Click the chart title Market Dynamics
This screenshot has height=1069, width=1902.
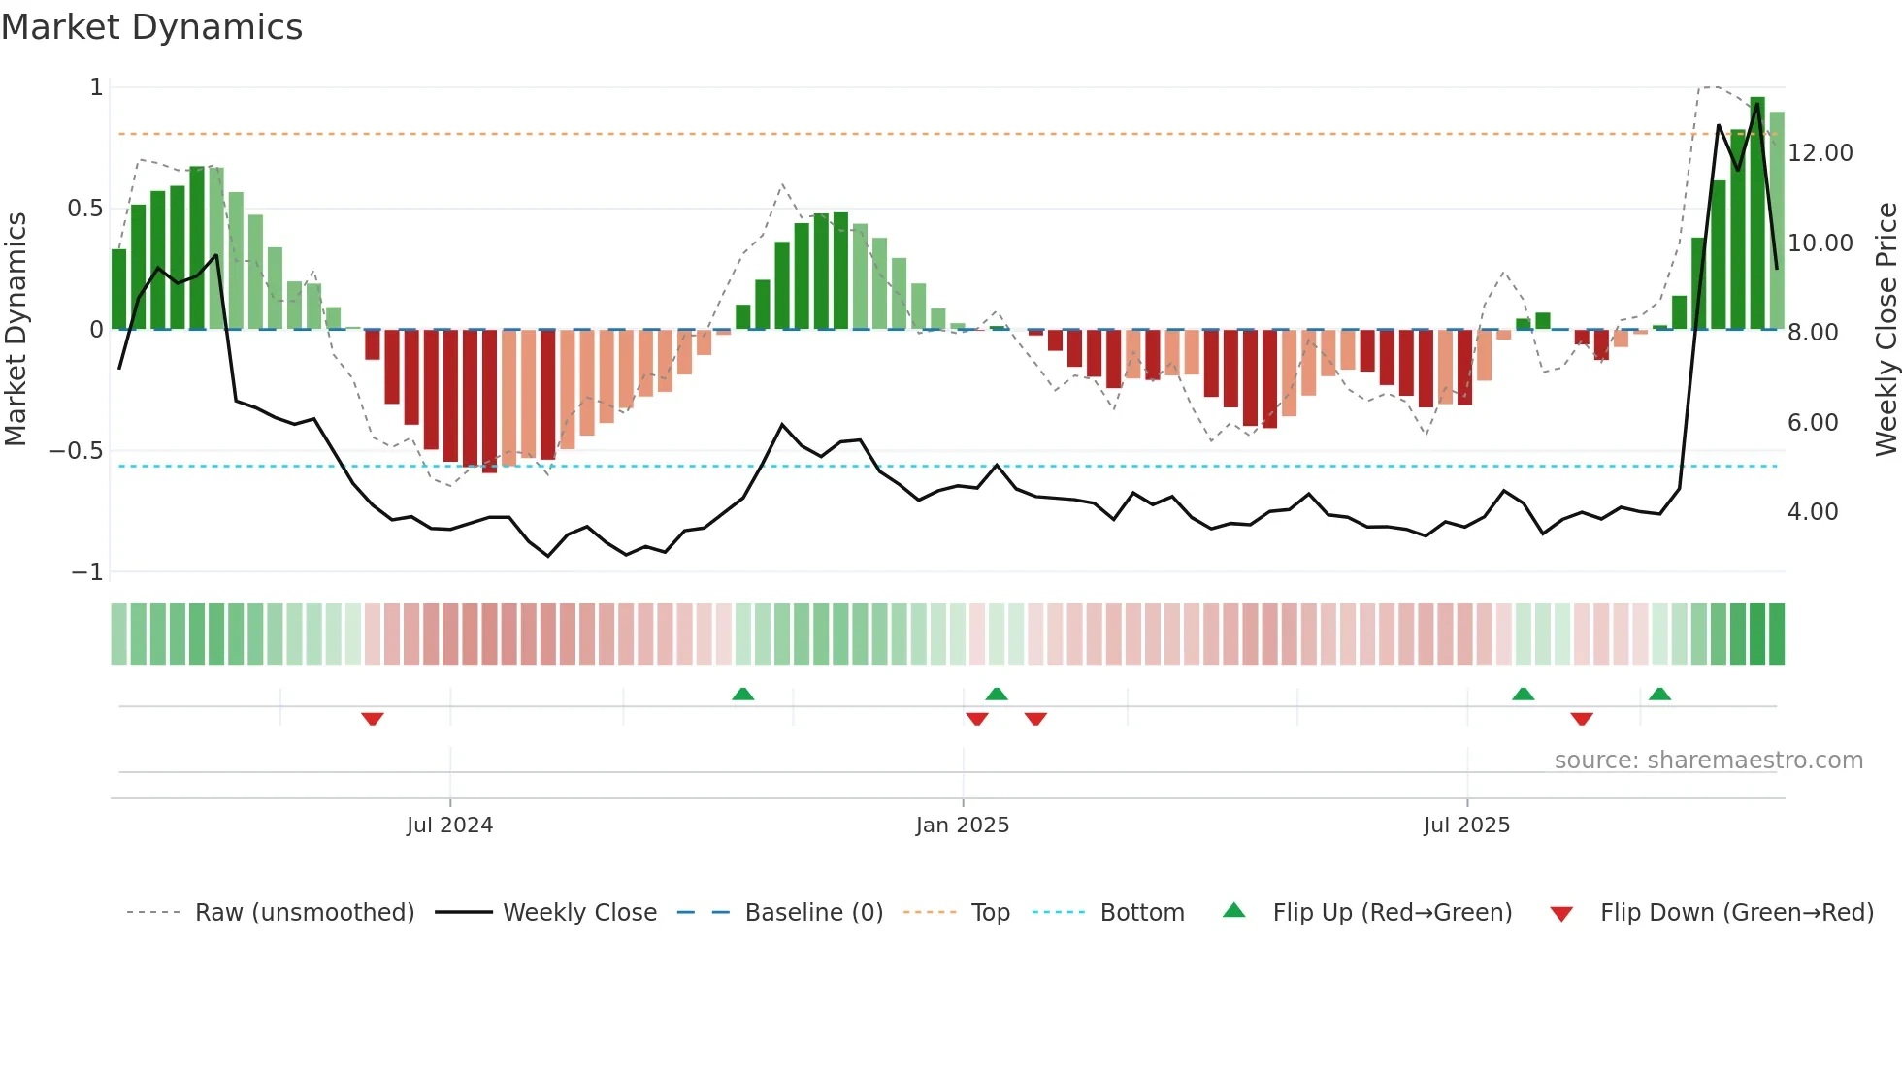pos(151,27)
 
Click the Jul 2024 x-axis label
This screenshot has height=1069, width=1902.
pos(449,826)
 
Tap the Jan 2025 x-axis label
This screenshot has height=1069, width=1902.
pos(962,826)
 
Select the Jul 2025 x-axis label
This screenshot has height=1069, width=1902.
pos(1466,826)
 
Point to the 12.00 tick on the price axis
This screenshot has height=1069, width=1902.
pos(1820,153)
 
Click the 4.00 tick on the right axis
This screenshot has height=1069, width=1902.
pos(1812,512)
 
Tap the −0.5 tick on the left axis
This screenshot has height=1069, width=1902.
pos(76,451)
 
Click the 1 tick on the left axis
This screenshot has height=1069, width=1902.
pos(96,87)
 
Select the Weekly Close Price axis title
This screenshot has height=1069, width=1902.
pos(1886,330)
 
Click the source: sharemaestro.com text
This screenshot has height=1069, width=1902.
pos(1708,761)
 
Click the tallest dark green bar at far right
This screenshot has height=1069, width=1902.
pos(1757,213)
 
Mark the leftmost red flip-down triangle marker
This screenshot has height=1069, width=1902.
pos(373,719)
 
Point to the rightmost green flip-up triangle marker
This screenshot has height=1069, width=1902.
pos(1659,694)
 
